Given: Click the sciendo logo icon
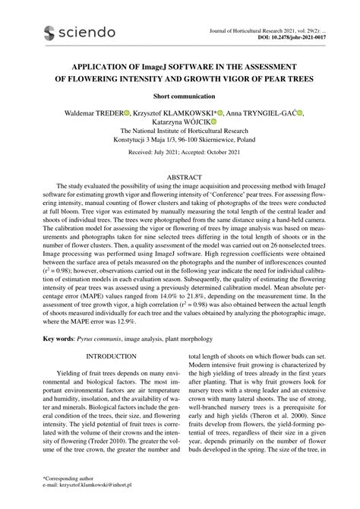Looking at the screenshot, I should point(51,32).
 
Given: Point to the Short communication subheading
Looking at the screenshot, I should point(179,97).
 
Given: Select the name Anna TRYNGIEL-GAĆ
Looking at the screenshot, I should point(257,113).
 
